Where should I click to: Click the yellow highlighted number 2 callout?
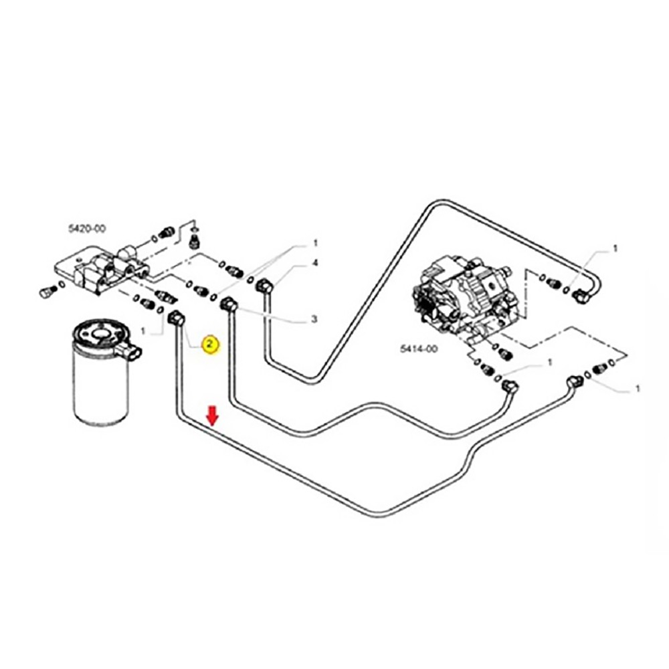209,345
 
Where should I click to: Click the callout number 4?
314,264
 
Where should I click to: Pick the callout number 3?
314,320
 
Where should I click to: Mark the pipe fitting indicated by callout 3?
228,304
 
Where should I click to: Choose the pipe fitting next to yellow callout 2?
177,317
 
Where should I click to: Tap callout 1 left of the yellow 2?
142,330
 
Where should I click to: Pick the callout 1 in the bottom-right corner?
637,388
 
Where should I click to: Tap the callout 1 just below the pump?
549,362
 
